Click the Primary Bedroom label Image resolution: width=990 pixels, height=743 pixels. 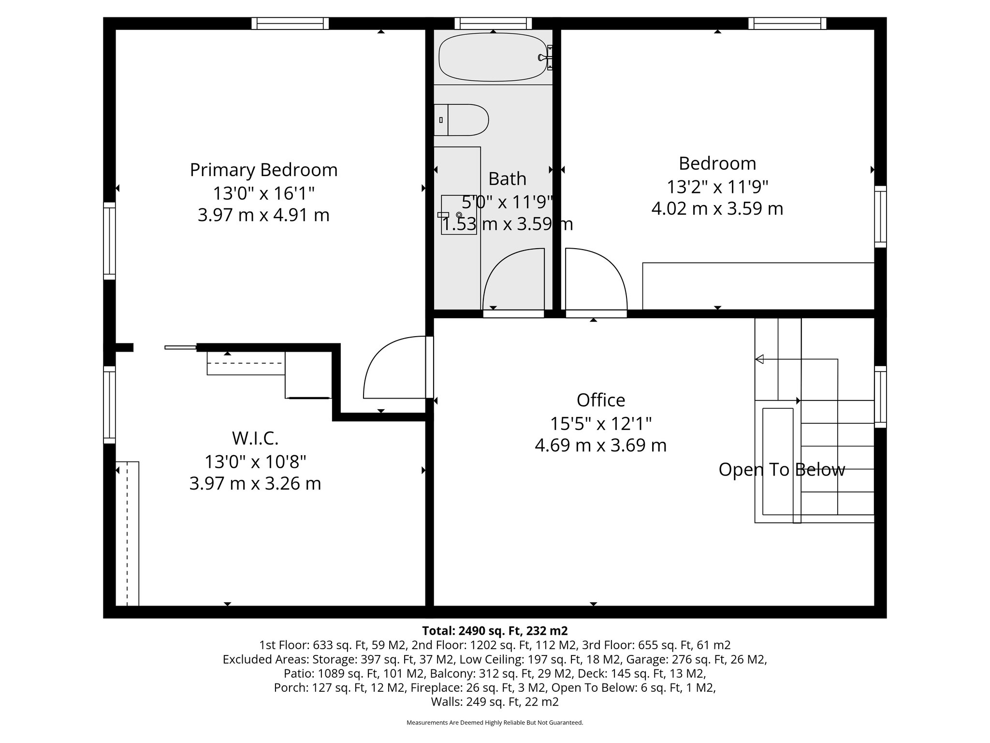click(263, 170)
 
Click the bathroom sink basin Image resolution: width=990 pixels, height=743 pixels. click(459, 215)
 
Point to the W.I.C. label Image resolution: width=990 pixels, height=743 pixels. click(255, 438)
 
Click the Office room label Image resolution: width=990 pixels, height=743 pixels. click(601, 400)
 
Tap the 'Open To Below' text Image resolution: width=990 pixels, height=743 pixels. click(782, 470)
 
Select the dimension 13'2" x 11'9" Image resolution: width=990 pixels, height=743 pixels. click(717, 186)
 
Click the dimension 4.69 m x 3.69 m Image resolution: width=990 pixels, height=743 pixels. click(600, 445)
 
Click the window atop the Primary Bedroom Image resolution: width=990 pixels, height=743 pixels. click(290, 23)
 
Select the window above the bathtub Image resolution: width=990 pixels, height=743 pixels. click(493, 23)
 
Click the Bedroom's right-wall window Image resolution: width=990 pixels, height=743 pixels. click(881, 216)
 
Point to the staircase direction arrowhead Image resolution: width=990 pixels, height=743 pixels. click(759, 359)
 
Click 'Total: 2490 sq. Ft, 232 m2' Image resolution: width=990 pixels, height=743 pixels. click(495, 631)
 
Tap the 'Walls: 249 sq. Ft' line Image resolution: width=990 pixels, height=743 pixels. click(495, 701)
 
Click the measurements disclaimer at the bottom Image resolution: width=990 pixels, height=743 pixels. click(495, 723)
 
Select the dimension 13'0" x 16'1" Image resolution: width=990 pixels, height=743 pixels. click(263, 193)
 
